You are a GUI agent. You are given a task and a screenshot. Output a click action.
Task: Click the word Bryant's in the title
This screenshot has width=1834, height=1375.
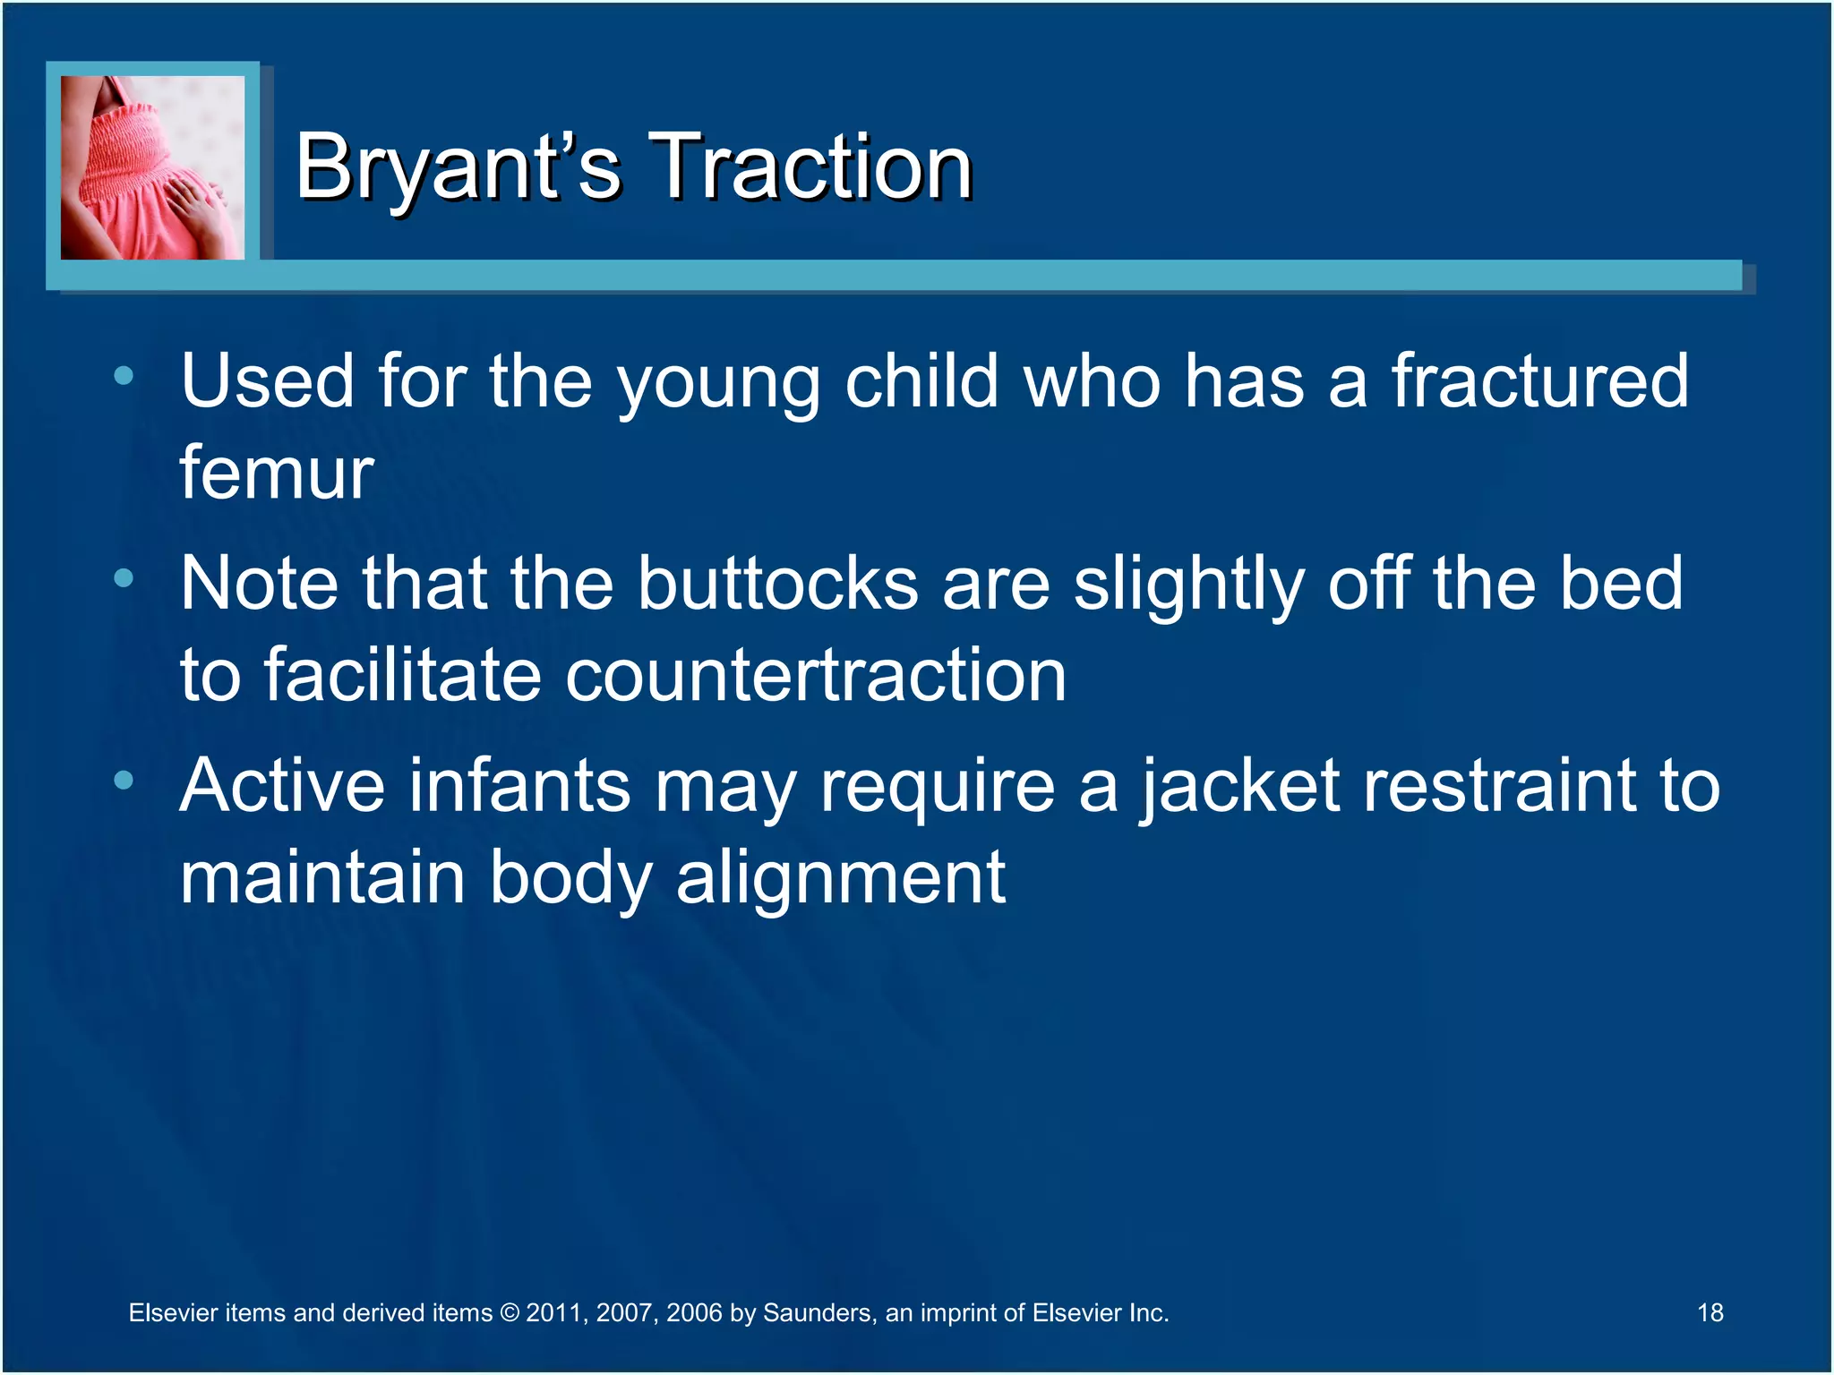457,167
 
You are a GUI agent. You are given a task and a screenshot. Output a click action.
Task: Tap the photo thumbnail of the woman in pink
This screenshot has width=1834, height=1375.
152,167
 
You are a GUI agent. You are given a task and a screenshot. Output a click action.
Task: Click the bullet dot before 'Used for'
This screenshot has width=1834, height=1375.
124,376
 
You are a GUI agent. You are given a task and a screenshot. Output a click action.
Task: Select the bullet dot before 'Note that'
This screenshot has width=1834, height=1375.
124,578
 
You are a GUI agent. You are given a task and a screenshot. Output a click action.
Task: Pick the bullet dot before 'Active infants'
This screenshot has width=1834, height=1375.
124,781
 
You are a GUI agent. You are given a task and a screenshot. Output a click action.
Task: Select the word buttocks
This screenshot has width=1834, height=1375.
777,583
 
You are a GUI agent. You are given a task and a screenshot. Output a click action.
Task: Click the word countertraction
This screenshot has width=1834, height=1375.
815,675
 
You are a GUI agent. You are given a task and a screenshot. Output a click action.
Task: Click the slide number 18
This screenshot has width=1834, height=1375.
1710,1312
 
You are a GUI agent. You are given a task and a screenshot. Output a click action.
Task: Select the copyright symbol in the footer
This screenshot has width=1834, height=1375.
509,1313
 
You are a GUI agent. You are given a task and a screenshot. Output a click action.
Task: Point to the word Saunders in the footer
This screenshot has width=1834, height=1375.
817,1313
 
